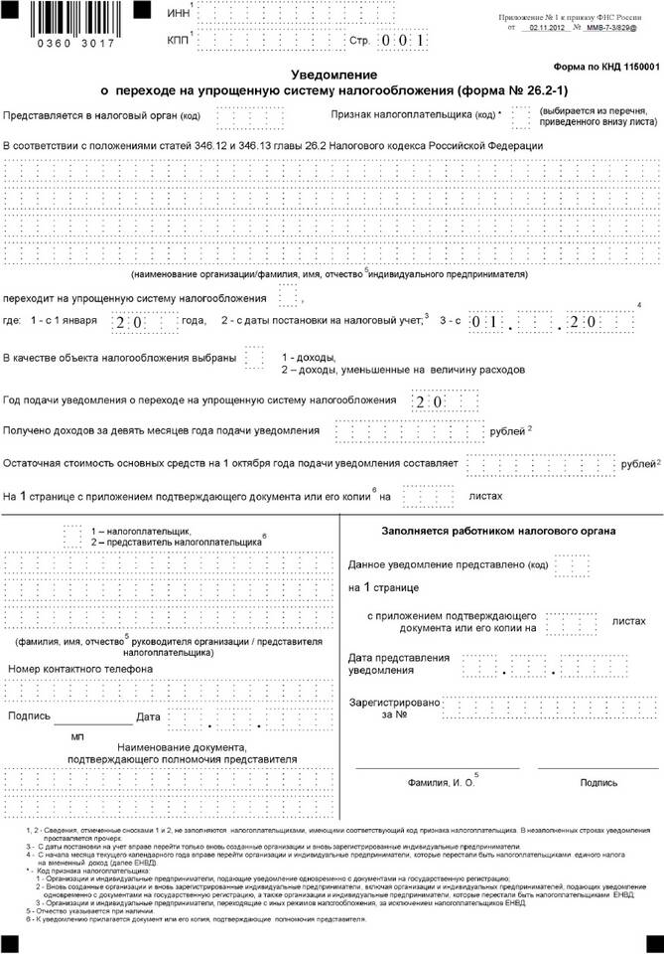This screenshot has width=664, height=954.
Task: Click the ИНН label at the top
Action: [179, 13]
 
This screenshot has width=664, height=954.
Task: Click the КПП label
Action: [179, 42]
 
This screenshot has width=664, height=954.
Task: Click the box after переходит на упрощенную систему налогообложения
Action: [288, 296]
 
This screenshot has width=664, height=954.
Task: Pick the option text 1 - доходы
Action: [309, 356]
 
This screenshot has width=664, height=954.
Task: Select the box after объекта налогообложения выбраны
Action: [254, 357]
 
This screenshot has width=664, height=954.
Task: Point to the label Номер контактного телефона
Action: [80, 669]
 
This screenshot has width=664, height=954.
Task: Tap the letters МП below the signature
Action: [77, 737]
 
